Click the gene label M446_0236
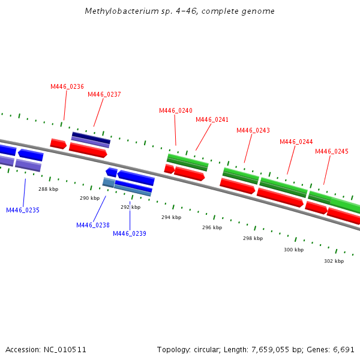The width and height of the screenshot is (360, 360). pyautogui.click(x=67, y=86)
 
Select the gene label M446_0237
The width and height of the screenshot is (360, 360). pyautogui.click(x=104, y=94)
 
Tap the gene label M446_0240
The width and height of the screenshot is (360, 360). pyautogui.click(x=176, y=110)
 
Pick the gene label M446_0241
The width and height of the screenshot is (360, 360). pyautogui.click(x=212, y=119)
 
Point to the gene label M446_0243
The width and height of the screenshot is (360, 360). pyautogui.click(x=253, y=130)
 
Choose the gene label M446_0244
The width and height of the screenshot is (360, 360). pyautogui.click(x=296, y=142)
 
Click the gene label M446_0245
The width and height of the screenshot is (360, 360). pyautogui.click(x=332, y=151)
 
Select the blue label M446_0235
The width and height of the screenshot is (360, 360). pyautogui.click(x=23, y=210)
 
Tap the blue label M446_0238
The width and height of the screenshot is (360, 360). pyautogui.click(x=93, y=225)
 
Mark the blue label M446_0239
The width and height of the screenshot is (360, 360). pyautogui.click(x=130, y=233)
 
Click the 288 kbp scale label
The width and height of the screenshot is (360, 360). pyautogui.click(x=49, y=189)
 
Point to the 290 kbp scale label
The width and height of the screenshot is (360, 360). pyautogui.click(x=90, y=197)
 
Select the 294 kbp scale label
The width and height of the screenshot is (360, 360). pyautogui.click(x=171, y=217)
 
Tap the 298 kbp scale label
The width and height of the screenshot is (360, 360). pyautogui.click(x=253, y=238)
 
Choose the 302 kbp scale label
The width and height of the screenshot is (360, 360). pyautogui.click(x=334, y=261)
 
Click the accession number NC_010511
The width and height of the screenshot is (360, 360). pyautogui.click(x=65, y=349)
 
